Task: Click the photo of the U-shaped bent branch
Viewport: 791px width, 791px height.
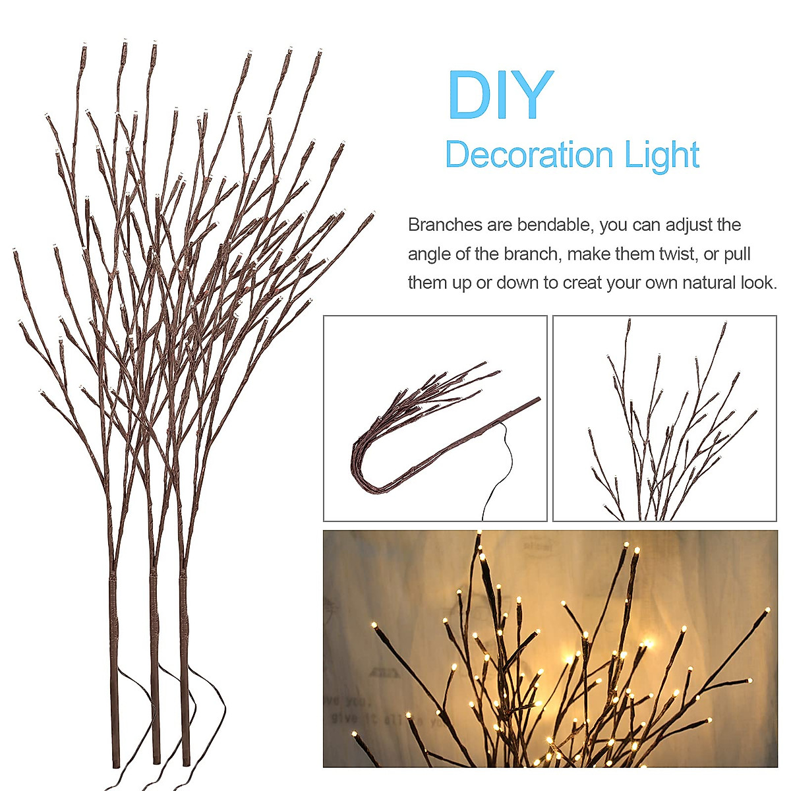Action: tap(435, 419)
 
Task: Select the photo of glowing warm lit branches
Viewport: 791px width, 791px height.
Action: tap(550, 649)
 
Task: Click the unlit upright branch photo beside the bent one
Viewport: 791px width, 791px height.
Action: tap(664, 419)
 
